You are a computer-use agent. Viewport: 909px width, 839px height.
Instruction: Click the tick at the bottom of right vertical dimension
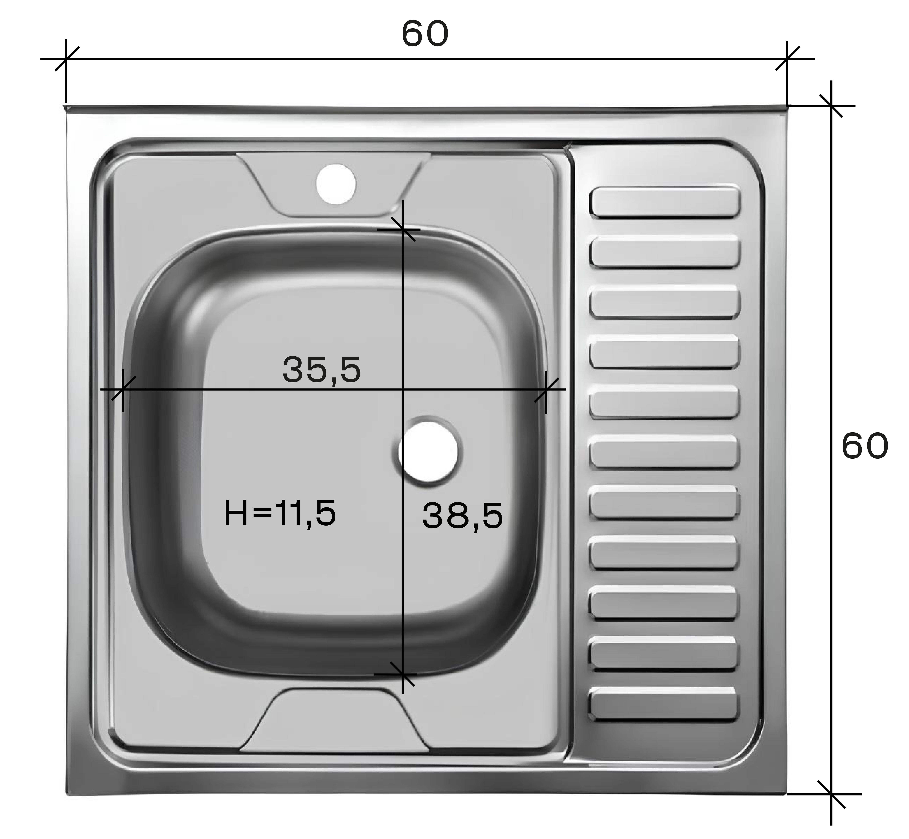(x=831, y=794)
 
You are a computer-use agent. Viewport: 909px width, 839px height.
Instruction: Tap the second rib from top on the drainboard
(x=665, y=251)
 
